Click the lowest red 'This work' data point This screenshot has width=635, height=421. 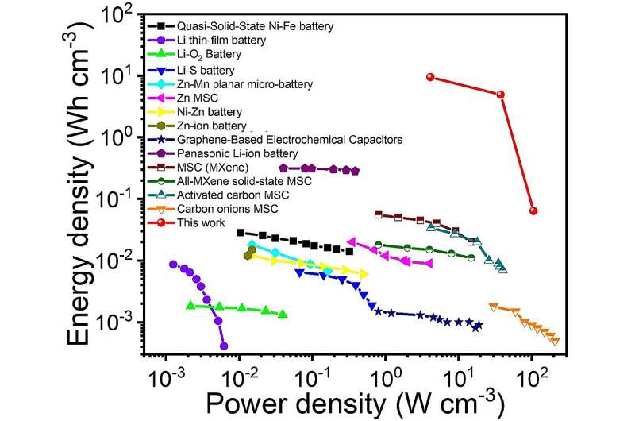[533, 210]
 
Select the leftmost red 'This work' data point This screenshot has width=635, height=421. [430, 77]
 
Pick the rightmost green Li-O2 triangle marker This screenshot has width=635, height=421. [283, 315]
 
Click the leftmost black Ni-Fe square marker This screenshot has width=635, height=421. [241, 233]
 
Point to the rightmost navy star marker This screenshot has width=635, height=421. [478, 326]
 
